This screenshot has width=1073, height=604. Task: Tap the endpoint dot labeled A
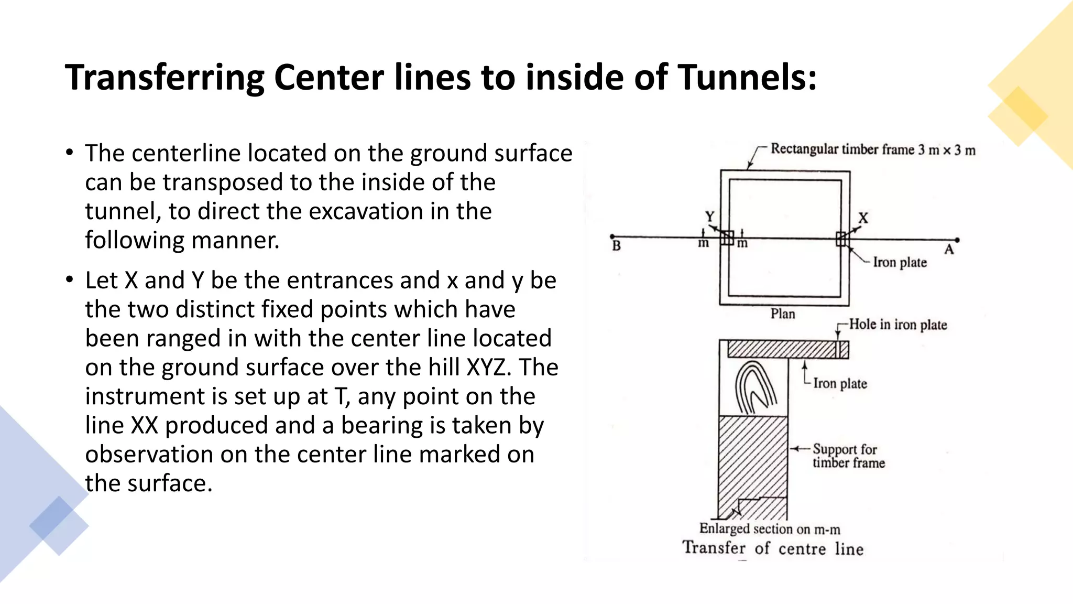tap(957, 240)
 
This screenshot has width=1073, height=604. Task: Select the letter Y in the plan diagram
tap(709, 217)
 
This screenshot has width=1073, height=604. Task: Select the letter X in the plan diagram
tap(863, 218)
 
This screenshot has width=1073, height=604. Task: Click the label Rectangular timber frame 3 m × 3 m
tap(873, 150)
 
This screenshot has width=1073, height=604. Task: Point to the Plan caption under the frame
tap(783, 314)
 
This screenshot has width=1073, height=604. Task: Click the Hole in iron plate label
tap(898, 325)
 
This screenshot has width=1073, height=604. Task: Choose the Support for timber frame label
tap(848, 456)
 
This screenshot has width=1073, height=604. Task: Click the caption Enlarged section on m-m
tap(770, 529)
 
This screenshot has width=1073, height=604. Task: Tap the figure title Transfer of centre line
tap(773, 548)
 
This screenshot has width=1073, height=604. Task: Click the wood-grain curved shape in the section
tap(754, 388)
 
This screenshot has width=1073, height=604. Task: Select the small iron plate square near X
tap(841, 239)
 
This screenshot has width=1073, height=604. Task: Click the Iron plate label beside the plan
tap(900, 262)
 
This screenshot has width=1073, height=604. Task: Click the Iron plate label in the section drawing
tap(840, 384)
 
